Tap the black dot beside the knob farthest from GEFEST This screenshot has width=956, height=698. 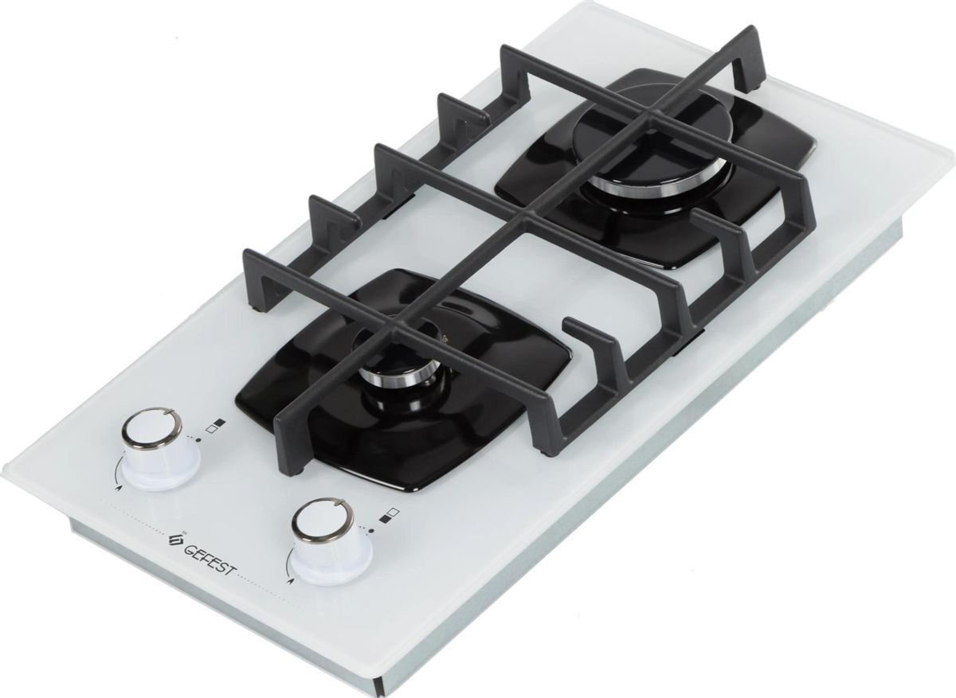(x=198, y=439)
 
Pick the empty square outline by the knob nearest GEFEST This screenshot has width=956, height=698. (x=394, y=510)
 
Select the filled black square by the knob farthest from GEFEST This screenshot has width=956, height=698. (x=220, y=421)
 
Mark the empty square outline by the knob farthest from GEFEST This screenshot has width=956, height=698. (x=210, y=429)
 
